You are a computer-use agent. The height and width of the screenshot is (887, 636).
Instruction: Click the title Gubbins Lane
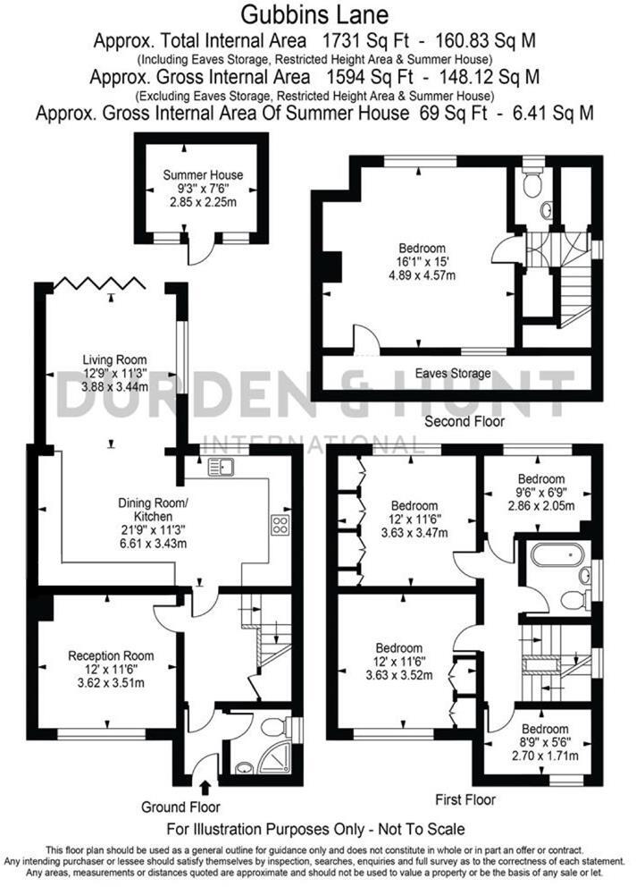(x=317, y=15)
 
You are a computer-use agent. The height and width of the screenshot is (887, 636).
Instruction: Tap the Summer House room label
(x=203, y=175)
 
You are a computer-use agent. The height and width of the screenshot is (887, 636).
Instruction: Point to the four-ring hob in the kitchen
(x=280, y=525)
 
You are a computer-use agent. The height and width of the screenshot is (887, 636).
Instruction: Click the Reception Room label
(x=105, y=655)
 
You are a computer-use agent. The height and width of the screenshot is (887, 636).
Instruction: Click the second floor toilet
(x=533, y=184)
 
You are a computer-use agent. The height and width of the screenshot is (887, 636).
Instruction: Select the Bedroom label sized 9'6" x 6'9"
(x=541, y=478)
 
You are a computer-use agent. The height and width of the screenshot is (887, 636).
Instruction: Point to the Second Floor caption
(x=464, y=420)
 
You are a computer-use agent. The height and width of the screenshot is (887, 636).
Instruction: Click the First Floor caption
(x=464, y=799)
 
